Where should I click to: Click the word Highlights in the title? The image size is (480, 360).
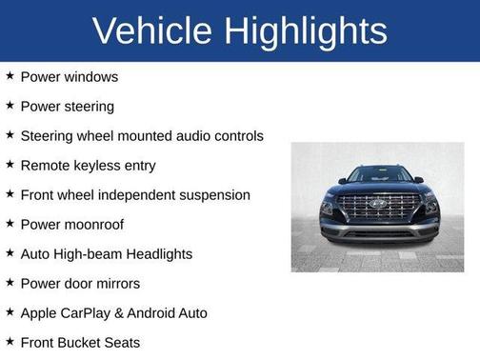pyautogui.click(x=307, y=30)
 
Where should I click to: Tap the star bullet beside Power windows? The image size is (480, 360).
pyautogui.click(x=10, y=75)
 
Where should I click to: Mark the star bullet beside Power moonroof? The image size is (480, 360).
pyautogui.click(x=10, y=223)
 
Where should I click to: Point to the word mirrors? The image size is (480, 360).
pyautogui.click(x=116, y=283)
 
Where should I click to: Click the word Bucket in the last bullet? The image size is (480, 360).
pyautogui.click(x=80, y=342)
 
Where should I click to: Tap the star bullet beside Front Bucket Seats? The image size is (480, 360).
pyautogui.click(x=10, y=341)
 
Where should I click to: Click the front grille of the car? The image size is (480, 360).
pyautogui.click(x=378, y=208)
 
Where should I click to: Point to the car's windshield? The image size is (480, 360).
pyautogui.click(x=378, y=175)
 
